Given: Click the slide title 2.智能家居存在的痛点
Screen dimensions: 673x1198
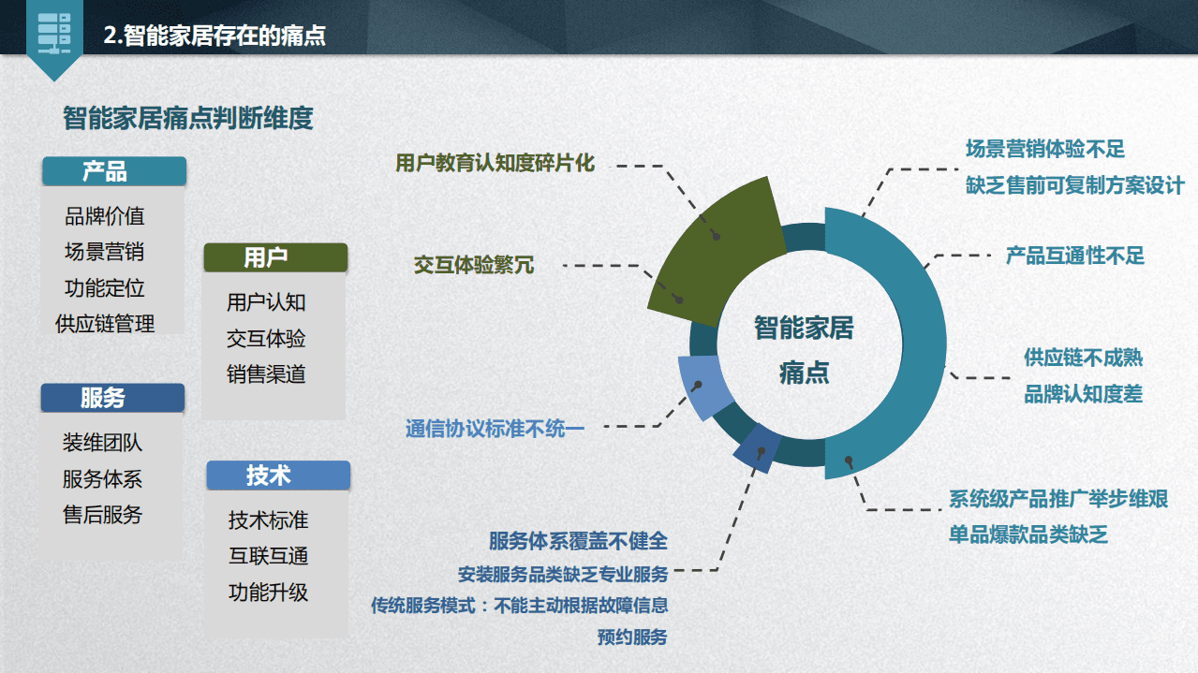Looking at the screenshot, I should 214,37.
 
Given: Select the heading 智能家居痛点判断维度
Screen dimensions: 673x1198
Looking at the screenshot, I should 187,119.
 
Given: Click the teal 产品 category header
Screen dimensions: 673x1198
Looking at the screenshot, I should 113,171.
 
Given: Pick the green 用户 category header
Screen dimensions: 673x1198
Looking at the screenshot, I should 274,257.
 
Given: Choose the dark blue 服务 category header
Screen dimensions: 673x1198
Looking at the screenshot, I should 111,398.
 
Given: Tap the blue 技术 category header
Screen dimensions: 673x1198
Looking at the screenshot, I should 277,475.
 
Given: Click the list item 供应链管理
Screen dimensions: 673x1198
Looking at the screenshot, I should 105,324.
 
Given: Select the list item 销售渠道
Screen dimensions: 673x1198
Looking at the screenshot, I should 266,374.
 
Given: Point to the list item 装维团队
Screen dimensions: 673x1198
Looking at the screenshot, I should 102,443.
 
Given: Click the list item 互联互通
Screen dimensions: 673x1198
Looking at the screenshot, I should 268,556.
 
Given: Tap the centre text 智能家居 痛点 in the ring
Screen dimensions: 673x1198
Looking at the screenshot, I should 804,348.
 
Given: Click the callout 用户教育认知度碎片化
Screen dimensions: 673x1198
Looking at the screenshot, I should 495,162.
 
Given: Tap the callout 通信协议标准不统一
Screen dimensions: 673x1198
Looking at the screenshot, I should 495,429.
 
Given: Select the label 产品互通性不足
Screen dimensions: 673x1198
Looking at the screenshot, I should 1074,255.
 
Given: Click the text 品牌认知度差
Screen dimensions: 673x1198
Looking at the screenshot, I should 1083,394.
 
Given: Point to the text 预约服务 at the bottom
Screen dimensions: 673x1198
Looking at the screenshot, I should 632,637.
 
